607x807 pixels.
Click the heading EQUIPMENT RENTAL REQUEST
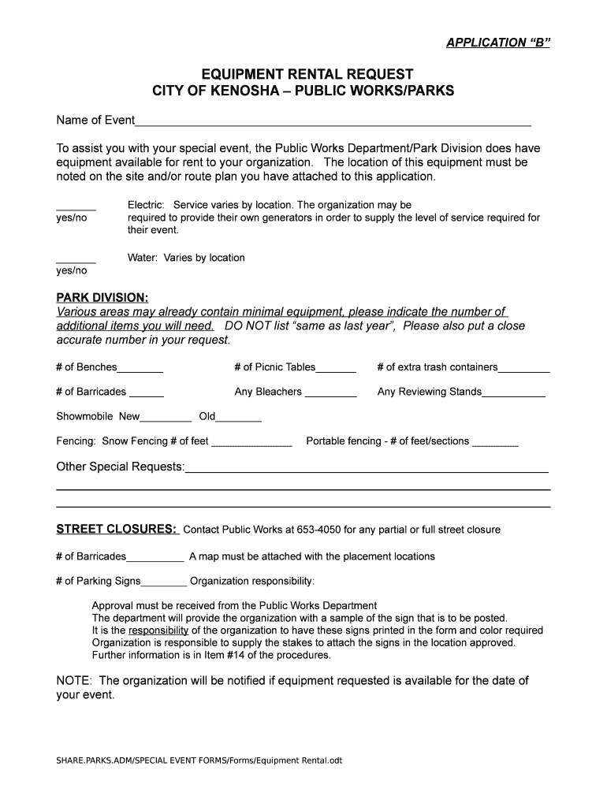click(303, 75)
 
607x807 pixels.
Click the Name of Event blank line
click(333, 121)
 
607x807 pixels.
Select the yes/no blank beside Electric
click(76, 206)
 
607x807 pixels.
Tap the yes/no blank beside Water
click(76, 258)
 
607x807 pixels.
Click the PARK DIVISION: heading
click(102, 297)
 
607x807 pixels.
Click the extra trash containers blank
click(524, 368)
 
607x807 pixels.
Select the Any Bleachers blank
click(330, 392)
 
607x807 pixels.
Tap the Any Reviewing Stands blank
click(513, 392)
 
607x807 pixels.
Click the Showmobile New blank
click(166, 418)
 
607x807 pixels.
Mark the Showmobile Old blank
click(239, 418)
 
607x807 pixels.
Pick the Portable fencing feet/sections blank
click(495, 443)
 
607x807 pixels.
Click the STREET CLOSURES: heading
click(117, 529)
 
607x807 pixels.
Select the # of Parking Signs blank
click(164, 582)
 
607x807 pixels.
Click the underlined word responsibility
click(158, 630)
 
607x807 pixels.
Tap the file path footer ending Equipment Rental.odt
click(199, 761)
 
